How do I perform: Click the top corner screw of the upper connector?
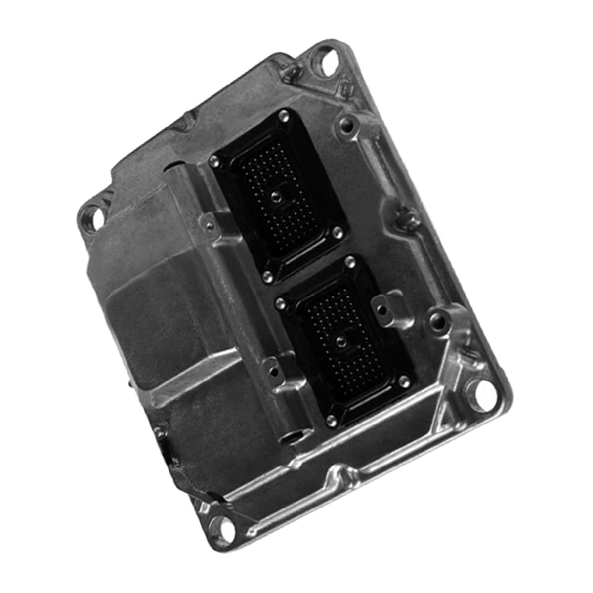pos(282,117)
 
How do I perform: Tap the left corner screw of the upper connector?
pos(214,160)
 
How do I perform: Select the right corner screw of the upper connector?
pos(338,231)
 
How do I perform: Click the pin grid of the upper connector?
pos(277,178)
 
